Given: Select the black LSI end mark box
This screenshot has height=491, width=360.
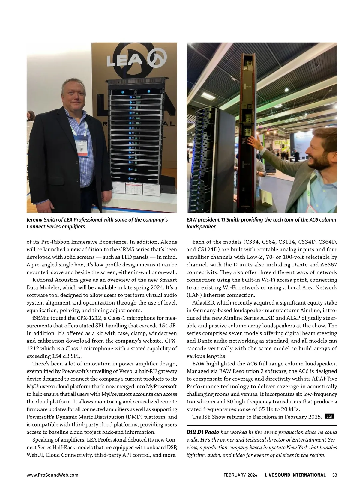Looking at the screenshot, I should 329,416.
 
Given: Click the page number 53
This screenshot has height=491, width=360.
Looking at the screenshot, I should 335,475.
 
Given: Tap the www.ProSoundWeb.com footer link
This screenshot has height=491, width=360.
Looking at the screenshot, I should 52,475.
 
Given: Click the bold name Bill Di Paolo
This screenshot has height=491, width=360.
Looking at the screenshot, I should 203,432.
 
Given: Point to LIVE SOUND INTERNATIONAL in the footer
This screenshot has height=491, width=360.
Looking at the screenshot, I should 295,475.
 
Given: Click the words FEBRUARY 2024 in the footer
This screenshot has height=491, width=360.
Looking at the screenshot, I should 240,475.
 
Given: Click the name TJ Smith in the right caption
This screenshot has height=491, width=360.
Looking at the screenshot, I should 229,220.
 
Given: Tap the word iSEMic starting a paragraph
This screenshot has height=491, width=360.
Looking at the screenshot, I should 41,318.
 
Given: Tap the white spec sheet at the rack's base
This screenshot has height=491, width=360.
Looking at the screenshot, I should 141,189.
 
